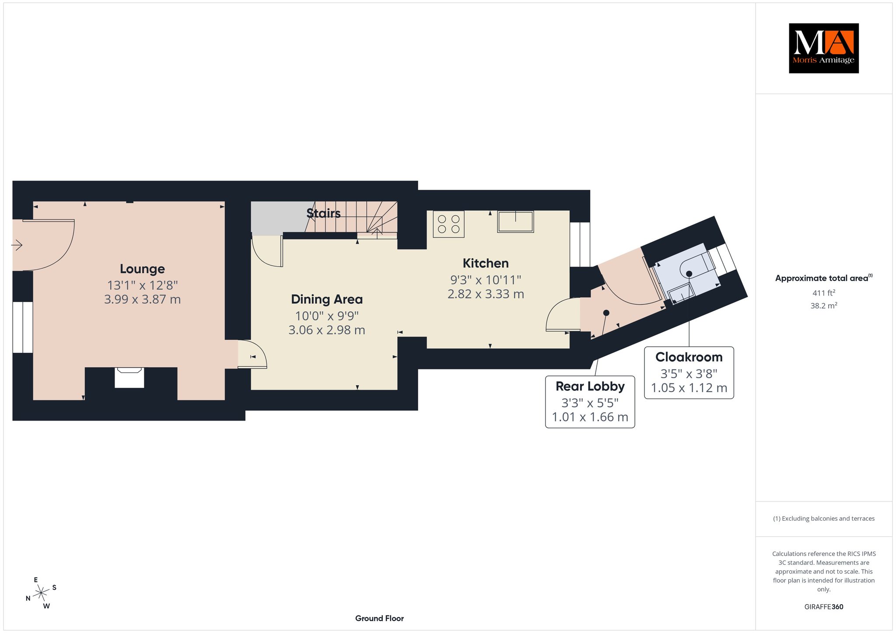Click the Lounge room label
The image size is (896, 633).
pos(142,269)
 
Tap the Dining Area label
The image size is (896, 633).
pos(327,299)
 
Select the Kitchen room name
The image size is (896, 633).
pos(486,263)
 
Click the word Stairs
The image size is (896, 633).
pos(323,213)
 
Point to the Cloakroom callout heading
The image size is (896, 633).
pos(689,357)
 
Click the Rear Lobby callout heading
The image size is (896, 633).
pos(590,386)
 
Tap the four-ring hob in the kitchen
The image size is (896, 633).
pos(448,224)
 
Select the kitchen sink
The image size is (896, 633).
pos(515,222)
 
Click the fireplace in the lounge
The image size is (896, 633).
pos(129,377)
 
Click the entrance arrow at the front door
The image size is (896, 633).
pos(17,245)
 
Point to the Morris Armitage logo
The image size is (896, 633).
pos(823,48)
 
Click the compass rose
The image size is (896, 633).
pos(41,593)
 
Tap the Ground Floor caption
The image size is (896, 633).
pos(379,619)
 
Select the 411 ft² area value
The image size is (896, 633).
pos(823,293)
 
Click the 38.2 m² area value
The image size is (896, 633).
pos(823,306)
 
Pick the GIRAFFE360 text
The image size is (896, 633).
pos(823,607)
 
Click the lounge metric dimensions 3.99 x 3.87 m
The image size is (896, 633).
pos(142,299)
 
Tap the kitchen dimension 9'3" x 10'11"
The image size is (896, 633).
pos(486,280)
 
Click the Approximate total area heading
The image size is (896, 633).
pos(823,278)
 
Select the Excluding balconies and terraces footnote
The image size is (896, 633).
pos(823,518)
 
